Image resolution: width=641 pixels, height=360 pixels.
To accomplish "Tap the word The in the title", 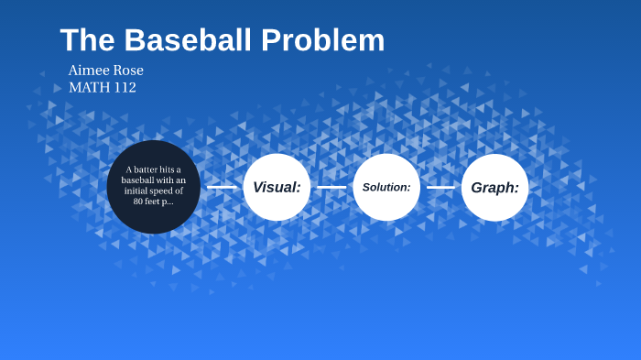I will (x=88, y=40).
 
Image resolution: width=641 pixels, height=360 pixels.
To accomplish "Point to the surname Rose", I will (x=129, y=71).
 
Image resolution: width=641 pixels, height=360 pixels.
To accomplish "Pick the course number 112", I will (x=125, y=88).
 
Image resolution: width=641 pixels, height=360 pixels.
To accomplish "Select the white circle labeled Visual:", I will (x=277, y=187).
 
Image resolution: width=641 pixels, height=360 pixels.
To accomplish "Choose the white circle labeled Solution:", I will (x=386, y=187).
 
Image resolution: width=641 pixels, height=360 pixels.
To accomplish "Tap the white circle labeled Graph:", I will (x=494, y=187).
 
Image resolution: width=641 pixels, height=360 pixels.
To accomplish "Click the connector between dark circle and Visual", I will (x=222, y=187).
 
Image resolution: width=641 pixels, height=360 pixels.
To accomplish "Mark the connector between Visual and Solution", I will (x=331, y=187).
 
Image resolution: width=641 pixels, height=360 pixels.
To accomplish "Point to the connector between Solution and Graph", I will (x=440, y=187).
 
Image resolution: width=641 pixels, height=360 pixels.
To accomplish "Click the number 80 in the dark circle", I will (x=139, y=201).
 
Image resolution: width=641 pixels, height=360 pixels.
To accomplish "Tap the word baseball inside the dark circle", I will (x=141, y=180).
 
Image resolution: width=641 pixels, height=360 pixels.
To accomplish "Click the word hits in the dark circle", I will (x=169, y=169).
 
